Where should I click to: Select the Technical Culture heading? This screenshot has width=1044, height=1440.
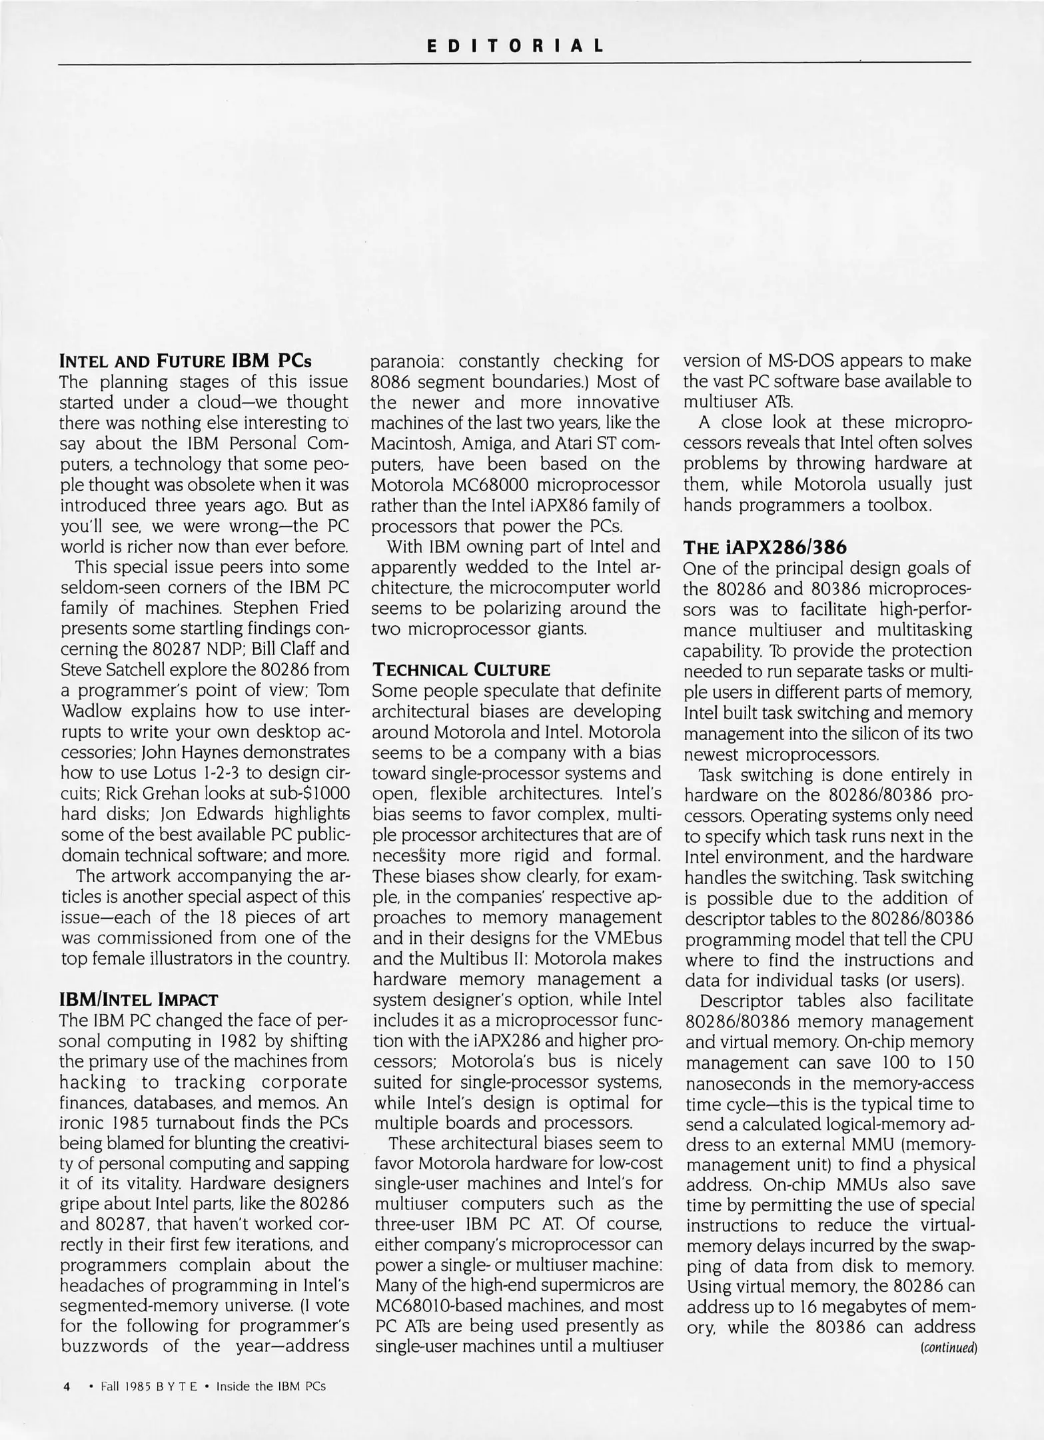point(461,669)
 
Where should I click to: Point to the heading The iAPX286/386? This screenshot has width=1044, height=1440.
point(765,547)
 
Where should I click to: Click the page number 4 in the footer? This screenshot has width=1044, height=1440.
point(67,1386)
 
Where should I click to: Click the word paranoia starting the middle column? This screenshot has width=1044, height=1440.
point(402,362)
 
